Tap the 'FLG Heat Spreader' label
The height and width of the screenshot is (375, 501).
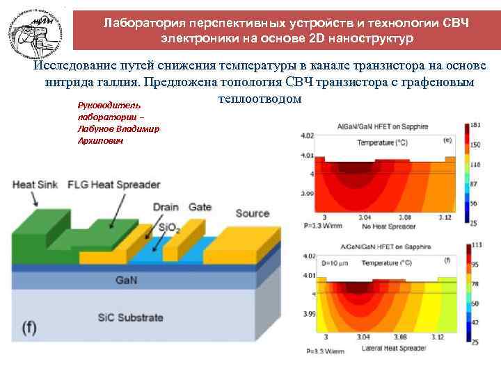coord(113,185)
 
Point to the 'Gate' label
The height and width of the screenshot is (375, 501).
coord(200,207)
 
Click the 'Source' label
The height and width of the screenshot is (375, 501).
coord(253,213)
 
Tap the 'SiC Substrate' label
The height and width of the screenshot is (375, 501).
coord(130,318)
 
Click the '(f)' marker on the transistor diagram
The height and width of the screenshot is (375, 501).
coord(29,328)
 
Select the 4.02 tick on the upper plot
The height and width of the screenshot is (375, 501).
coord(307,135)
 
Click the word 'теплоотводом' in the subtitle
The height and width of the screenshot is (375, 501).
coord(259,99)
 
